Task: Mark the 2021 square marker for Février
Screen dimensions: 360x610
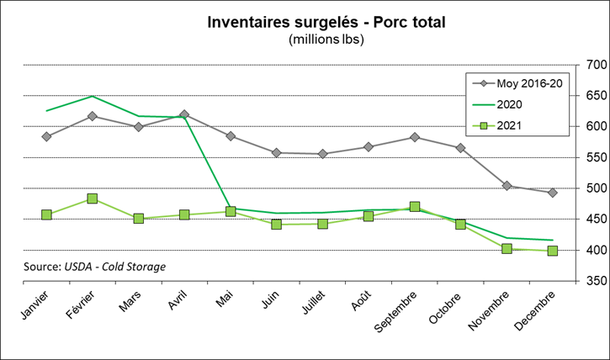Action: point(93,199)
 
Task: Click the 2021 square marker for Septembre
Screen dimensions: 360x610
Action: point(415,207)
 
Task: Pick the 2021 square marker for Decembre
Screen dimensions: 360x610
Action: point(553,251)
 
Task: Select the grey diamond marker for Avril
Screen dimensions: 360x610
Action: point(184,114)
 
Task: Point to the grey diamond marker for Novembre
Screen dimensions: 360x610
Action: point(507,186)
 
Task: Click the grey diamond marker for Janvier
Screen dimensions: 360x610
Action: point(46,136)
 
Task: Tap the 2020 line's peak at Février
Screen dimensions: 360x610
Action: point(93,96)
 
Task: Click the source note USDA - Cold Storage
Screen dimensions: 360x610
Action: point(94,267)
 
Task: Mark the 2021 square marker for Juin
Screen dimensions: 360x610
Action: point(277,225)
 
